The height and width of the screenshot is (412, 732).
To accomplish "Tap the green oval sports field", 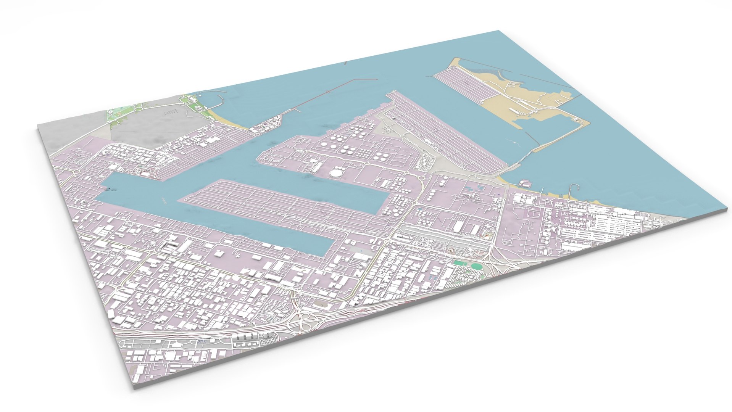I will click(x=476, y=267).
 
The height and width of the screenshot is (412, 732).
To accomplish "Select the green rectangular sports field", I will click(x=460, y=263).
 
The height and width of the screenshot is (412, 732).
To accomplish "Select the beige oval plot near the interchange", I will click(x=321, y=305).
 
